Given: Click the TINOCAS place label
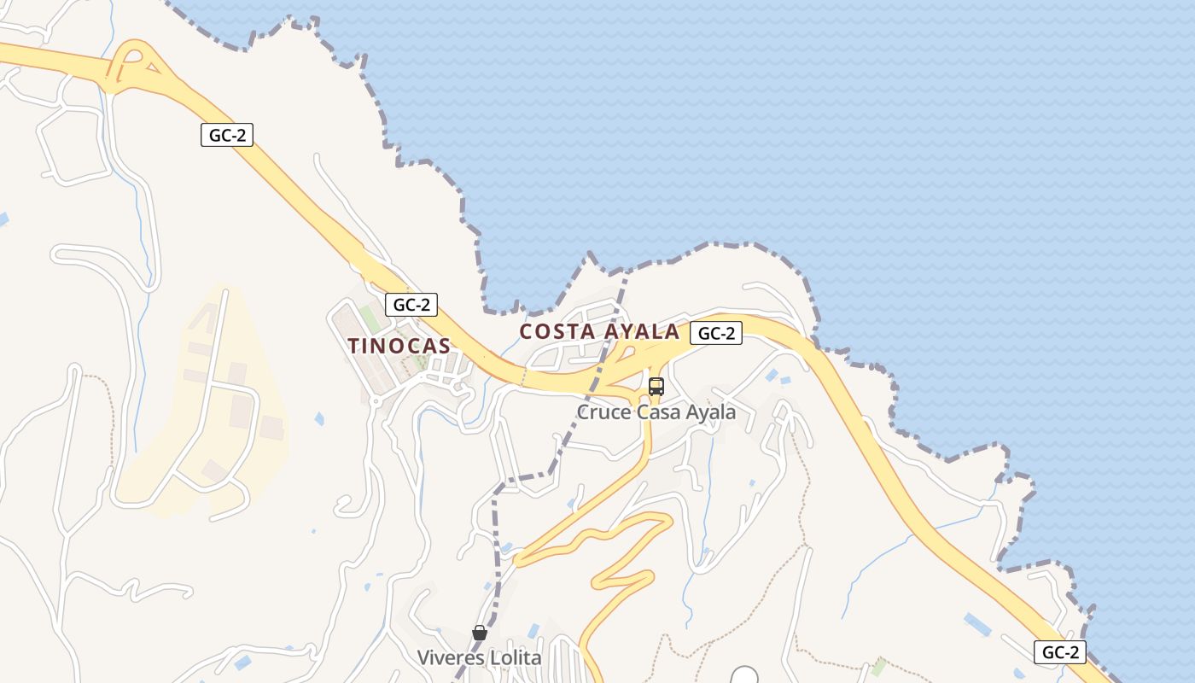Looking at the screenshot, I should pyautogui.click(x=399, y=346).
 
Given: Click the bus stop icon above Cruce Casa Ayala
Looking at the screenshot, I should pyautogui.click(x=656, y=386).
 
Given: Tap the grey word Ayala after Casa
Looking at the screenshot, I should pyautogui.click(x=711, y=412).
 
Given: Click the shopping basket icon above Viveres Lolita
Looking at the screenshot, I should pyautogui.click(x=480, y=633).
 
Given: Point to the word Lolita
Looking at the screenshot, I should pyautogui.click(x=514, y=658).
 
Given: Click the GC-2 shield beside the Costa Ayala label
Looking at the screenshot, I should pyautogui.click(x=715, y=333).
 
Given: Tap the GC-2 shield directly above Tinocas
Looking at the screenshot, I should pyautogui.click(x=411, y=304).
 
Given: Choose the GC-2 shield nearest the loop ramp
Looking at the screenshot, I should pyautogui.click(x=227, y=134).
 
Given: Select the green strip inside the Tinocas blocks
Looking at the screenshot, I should pyautogui.click(x=370, y=318).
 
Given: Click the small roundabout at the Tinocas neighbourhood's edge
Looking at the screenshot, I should pyautogui.click(x=375, y=400).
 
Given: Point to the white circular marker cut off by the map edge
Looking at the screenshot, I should pyautogui.click(x=745, y=676).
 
